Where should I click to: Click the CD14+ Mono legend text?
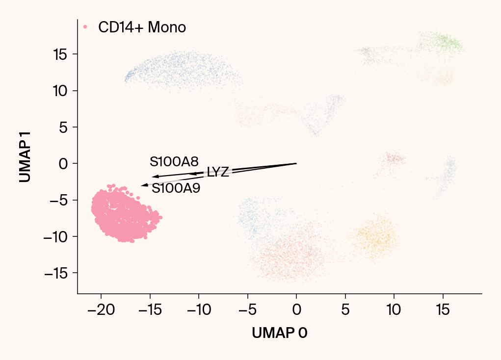coord(142,27)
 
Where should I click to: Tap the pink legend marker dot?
coord(85,27)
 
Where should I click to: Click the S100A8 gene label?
coord(174,162)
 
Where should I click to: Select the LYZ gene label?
coord(218,172)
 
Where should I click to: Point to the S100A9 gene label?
coord(176,188)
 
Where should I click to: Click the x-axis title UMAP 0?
coord(280,333)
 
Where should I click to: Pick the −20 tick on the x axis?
coord(101,310)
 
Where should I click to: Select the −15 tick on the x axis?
coord(150,310)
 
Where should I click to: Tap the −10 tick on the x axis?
coord(198,310)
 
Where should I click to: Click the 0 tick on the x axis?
coord(296,310)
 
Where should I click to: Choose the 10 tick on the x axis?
coord(394,310)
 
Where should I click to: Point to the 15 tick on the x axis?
coord(443,310)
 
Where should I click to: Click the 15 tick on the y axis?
coord(62,54)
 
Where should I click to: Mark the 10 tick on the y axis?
coord(62,91)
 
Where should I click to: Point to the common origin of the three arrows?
coord(296,163)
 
